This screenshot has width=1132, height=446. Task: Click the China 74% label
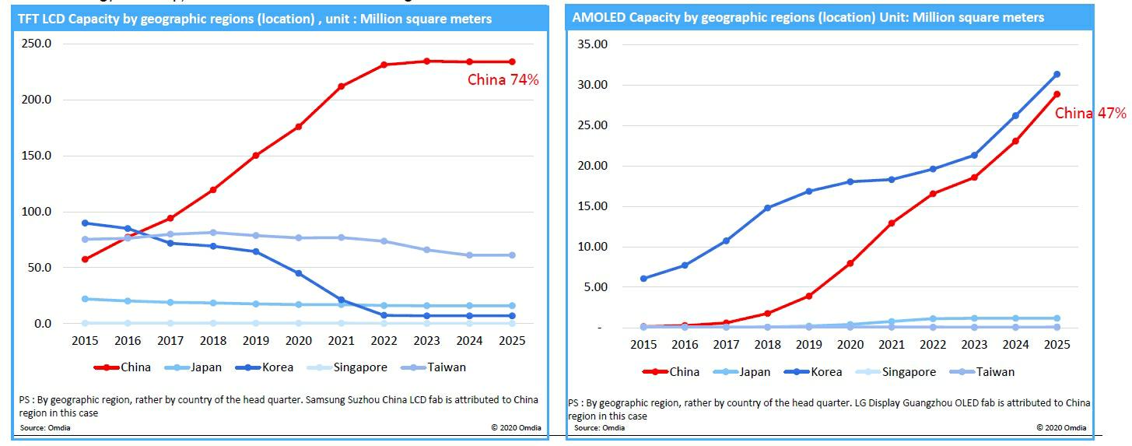tap(503, 79)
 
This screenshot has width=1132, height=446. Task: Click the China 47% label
tap(1090, 114)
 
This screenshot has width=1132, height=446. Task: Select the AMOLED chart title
tap(808, 17)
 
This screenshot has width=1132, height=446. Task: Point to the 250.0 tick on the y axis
tap(37, 44)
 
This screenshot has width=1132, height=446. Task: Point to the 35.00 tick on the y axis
tap(591, 44)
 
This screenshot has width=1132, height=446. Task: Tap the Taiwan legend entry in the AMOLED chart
tap(995, 372)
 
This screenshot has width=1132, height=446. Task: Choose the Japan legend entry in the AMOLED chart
tap(752, 372)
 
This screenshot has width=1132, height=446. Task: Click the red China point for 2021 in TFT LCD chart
tap(341, 86)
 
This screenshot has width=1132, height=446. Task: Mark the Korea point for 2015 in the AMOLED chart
tap(643, 279)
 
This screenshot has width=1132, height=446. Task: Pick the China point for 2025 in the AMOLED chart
tap(1057, 94)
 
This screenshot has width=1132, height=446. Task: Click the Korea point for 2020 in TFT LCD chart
tap(298, 273)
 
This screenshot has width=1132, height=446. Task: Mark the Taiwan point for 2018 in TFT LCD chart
tap(212, 232)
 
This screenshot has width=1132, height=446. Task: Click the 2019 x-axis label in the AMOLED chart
tap(808, 344)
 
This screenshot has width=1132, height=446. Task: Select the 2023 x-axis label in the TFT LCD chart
tap(426, 340)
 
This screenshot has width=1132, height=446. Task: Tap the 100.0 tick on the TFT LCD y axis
tap(37, 212)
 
